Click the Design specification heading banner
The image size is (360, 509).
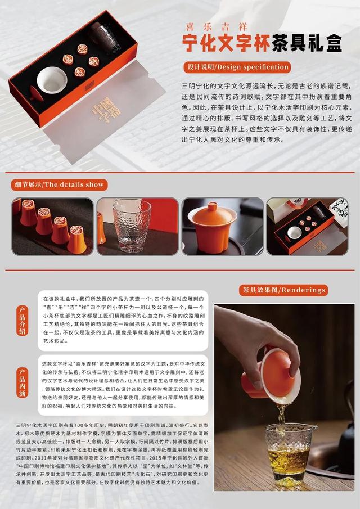click(237, 67)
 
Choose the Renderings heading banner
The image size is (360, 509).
click(283, 290)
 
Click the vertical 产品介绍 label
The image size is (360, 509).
click(22, 321)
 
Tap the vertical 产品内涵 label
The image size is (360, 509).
click(22, 382)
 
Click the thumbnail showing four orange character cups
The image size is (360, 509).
click(52, 226)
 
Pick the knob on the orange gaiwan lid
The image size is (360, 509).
click(212, 206)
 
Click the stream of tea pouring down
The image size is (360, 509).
click(280, 416)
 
